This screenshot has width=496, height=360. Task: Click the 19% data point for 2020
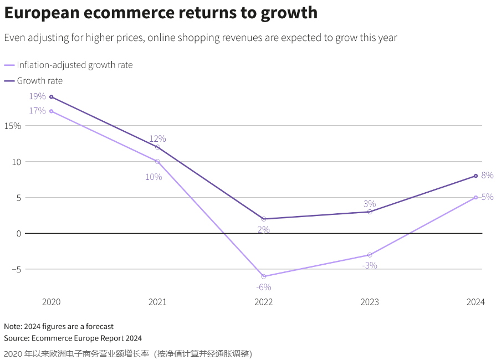52,97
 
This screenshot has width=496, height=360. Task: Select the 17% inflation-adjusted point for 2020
52,111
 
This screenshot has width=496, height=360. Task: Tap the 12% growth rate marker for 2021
157,147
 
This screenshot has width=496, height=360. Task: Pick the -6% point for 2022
264,276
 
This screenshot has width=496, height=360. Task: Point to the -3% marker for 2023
370,255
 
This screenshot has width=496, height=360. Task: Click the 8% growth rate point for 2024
476,176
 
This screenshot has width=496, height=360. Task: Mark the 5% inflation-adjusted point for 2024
476,197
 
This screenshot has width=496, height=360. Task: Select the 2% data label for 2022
263,229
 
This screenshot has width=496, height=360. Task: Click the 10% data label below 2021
154,177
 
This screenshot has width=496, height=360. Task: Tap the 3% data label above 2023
370,203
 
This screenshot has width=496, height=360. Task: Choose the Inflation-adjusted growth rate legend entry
74,65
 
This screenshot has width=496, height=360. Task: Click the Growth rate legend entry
39,81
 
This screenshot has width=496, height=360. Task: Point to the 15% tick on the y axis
12,126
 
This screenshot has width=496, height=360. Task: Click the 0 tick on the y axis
18,233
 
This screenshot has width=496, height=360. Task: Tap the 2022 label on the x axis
264,302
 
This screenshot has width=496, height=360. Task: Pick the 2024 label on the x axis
475,302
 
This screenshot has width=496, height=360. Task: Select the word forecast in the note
99,326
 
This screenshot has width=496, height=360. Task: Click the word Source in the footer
16,338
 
